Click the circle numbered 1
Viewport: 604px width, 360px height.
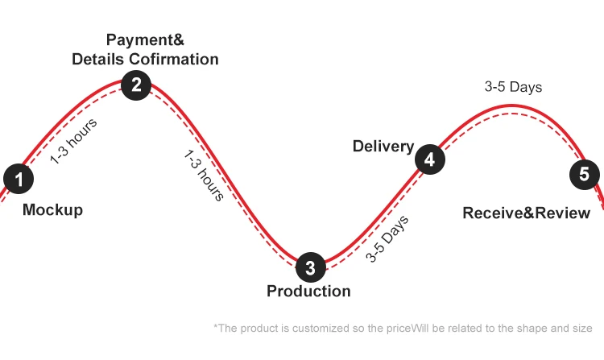click(x=19, y=179)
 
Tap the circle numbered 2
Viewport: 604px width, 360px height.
click(x=136, y=85)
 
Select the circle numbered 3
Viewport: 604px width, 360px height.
click(x=311, y=267)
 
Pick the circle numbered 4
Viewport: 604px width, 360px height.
click(x=429, y=159)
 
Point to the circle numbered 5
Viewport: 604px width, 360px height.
click(x=584, y=174)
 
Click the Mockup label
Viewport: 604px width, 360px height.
click(x=52, y=210)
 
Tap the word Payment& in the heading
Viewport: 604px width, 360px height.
click(x=145, y=39)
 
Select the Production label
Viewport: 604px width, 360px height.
click(x=308, y=291)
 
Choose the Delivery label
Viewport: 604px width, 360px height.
click(x=383, y=147)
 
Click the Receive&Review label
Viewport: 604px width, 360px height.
click(x=526, y=213)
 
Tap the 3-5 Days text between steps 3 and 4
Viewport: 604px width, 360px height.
click(x=387, y=238)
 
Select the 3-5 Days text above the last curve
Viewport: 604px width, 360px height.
click(x=513, y=87)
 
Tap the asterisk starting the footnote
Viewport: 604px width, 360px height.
click(x=215, y=326)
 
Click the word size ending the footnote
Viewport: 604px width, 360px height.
click(x=581, y=328)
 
